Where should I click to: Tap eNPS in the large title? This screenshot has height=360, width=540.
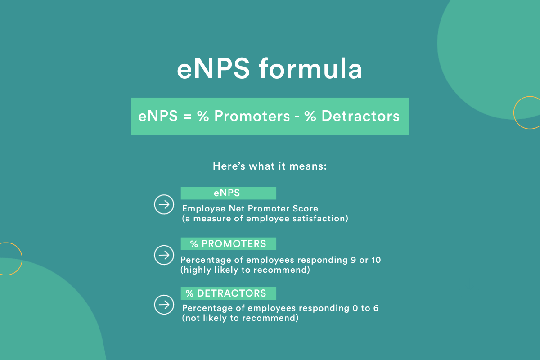pyautogui.click(x=213, y=69)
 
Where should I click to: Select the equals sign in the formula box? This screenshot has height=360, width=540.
pyautogui.click(x=187, y=117)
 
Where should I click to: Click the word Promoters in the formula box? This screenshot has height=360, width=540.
pyautogui.click(x=252, y=116)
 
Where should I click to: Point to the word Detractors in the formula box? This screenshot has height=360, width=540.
pyautogui.click(x=360, y=116)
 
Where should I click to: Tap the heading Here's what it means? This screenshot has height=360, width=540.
pyautogui.click(x=270, y=166)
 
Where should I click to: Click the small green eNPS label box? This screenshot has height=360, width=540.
pyautogui.click(x=229, y=193)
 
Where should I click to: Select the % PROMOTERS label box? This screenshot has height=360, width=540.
pyautogui.click(x=229, y=244)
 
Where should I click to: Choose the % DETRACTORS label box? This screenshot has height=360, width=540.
pyautogui.click(x=229, y=293)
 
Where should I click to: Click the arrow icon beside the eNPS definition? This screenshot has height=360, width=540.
pyautogui.click(x=164, y=204)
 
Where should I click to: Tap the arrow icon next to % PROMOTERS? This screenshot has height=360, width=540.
pyautogui.click(x=164, y=255)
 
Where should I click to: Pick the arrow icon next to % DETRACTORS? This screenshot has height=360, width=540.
pyautogui.click(x=164, y=305)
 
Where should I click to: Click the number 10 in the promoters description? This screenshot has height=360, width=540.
pyautogui.click(x=376, y=260)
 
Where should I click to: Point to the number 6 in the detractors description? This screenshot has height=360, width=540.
pyautogui.click(x=376, y=308)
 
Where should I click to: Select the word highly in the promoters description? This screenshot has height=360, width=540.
pyautogui.click(x=197, y=270)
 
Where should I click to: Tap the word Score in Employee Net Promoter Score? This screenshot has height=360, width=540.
pyautogui.click(x=305, y=208)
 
